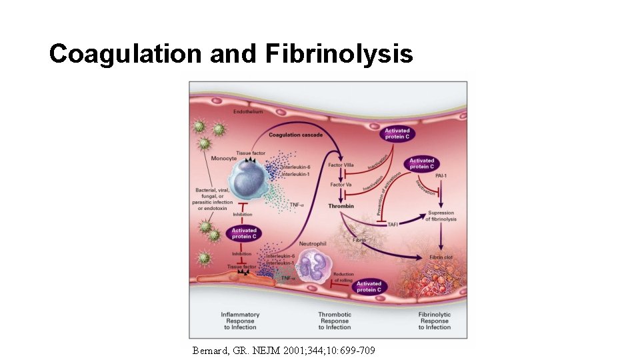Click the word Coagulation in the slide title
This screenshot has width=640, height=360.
pos(127,54)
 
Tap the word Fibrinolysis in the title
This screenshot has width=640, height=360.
pos(339,54)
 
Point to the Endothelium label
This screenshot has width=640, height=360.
pos(247,112)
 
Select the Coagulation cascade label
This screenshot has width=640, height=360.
pos(295,135)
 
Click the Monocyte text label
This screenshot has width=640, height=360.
pos(224,159)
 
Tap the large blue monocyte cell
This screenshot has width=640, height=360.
pos(251,180)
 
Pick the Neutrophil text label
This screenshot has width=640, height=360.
pos(312,244)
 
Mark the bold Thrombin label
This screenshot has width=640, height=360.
pos(341,207)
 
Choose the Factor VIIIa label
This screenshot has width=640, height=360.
pos(342,165)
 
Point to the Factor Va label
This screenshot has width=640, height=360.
pos(341,185)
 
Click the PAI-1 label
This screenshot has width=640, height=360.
pos(441,175)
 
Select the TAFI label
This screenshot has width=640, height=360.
pos(393,225)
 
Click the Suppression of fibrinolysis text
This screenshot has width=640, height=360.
pos(442,216)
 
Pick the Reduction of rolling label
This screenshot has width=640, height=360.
pos(344,277)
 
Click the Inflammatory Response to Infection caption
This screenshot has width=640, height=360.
pos(240,321)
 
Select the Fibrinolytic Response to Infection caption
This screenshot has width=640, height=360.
pos(434,321)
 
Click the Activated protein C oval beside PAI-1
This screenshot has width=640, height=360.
pos(421,163)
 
